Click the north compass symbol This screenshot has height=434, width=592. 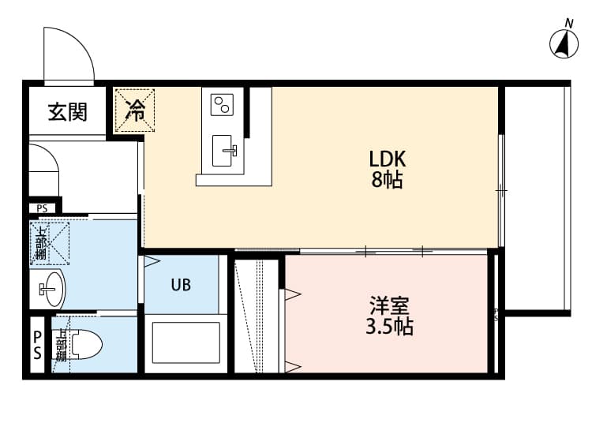tap(564, 43)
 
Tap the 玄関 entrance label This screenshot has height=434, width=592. tap(67, 111)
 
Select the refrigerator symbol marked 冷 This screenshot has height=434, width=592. tap(136, 109)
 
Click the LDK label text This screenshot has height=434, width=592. tap(388, 158)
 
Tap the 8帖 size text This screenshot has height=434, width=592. tap(388, 180)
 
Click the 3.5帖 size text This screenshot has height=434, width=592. tap(390, 327)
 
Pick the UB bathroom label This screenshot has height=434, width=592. tap(181, 285)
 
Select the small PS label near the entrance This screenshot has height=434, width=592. tap(41, 209)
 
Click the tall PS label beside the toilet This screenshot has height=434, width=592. tap(37, 344)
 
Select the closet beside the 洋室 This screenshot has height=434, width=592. tap(257, 313)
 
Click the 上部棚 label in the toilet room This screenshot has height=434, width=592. tap(60, 344)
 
